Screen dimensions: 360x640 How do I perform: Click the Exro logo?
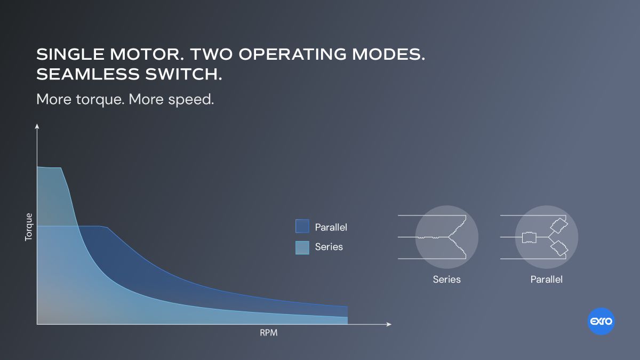coord(601,322)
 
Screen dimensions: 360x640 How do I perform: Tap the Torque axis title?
coord(29,227)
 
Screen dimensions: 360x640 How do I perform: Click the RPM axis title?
coord(269,333)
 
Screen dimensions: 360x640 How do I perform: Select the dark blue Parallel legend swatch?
coord(302,227)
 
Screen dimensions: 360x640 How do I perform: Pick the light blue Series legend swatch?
coord(302,247)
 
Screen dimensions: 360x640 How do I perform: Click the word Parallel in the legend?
coord(331,227)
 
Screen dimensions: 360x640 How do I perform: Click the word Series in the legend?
coord(329,247)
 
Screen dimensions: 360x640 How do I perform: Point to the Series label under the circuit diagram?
coord(446,279)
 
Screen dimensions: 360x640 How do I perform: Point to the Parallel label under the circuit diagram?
coord(546,279)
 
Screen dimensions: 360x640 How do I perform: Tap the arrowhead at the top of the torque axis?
coord(37,126)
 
